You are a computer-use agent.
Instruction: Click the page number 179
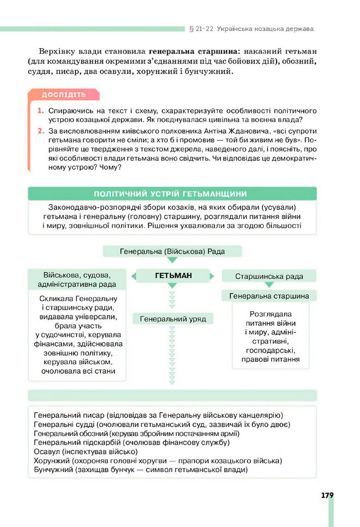coord(327,495)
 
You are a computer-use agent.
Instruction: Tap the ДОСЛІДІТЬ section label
coord(64,95)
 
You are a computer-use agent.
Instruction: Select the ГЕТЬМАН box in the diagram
coord(173,276)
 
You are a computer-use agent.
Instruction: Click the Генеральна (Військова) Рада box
coord(172,252)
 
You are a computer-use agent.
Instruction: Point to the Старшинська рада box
coord(269,276)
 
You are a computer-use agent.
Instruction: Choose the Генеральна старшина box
coord(269,296)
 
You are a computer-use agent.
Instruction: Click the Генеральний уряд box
coord(172,319)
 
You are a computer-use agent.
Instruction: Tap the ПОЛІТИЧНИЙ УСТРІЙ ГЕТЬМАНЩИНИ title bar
coord(172,194)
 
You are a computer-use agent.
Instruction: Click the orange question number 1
coord(40,111)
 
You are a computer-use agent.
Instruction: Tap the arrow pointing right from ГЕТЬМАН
coord(212,276)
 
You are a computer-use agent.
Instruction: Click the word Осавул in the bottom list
coord(47,451)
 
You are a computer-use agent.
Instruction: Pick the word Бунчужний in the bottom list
coord(53,470)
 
